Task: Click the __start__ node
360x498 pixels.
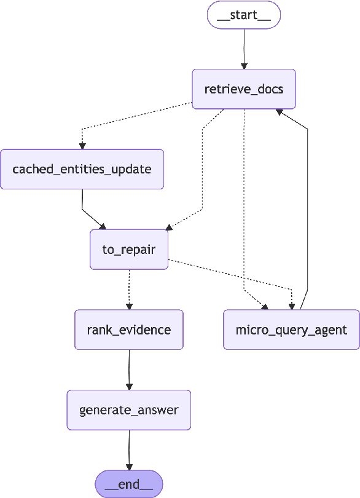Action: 244,15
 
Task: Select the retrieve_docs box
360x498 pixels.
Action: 244,89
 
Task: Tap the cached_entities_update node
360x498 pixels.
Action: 82,168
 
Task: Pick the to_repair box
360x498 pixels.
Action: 129,249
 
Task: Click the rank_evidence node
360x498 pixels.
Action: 129,330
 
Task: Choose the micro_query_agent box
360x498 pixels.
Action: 291,330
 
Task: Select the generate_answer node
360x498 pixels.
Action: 129,409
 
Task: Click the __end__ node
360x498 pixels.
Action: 129,484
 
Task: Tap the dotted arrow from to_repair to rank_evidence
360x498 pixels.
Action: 129,289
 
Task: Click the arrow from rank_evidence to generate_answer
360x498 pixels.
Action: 129,369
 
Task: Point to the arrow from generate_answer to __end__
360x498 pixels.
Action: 129,449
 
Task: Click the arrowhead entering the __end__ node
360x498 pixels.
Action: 129,467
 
